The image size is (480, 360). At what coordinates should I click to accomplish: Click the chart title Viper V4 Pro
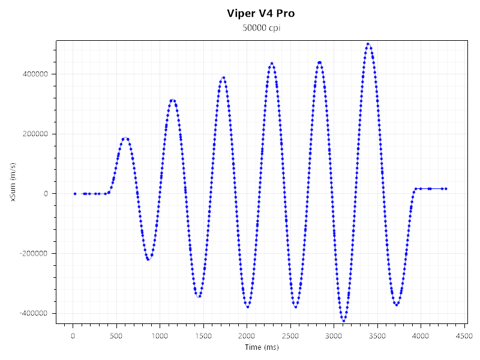tap(260, 13)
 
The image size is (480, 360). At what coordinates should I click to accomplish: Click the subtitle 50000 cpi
tap(260, 28)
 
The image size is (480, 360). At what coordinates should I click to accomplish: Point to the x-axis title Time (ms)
tap(262, 347)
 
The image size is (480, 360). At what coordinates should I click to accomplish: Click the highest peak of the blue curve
tap(368, 44)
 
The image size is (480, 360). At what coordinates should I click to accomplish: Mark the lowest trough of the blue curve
tap(344, 321)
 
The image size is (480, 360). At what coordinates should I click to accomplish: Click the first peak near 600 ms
tap(125, 139)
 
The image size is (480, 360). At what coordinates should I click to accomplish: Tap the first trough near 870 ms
tap(148, 259)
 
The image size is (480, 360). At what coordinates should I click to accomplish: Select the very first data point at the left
tap(75, 194)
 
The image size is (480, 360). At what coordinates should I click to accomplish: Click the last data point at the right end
tap(446, 189)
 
